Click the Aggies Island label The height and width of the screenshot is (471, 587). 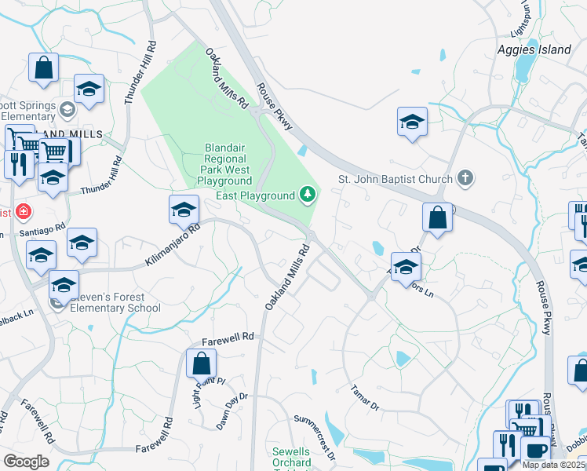coord(534,49)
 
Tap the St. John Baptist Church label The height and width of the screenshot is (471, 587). coord(396,179)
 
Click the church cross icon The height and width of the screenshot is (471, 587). coord(465,178)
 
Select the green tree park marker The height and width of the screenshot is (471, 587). coord(308,194)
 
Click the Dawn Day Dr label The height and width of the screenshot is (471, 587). coord(233,411)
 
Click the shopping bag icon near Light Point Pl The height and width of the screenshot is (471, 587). coord(201,363)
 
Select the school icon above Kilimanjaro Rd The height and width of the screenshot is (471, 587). coord(184,210)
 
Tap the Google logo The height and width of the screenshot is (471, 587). coord(26,462)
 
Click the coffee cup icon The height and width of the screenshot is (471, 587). coord(535,451)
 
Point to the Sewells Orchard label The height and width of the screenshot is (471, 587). coord(291,457)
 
